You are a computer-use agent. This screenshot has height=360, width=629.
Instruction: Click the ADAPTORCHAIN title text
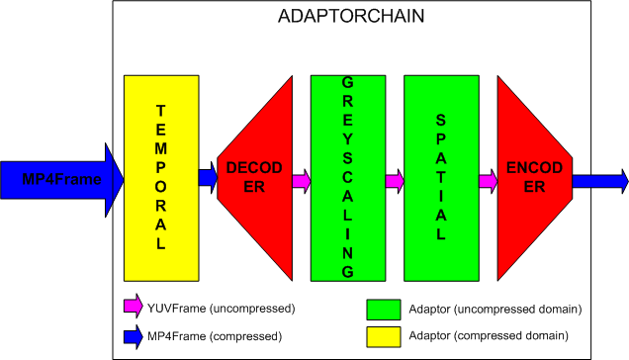pos(353,17)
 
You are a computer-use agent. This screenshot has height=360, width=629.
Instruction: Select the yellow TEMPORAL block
pos(161,178)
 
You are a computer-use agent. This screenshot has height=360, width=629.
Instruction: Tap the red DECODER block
pos(253,178)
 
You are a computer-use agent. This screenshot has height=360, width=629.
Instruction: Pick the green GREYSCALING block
pos(347,178)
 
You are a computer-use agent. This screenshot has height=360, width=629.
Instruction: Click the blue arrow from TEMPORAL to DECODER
pos(208,178)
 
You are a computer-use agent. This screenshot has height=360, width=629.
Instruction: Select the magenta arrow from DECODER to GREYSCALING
pos(301,180)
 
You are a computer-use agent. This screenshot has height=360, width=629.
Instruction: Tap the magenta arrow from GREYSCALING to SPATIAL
pos(395,180)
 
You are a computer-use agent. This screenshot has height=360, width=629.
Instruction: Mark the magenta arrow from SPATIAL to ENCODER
pos(488,180)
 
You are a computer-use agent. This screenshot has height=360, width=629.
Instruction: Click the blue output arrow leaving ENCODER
pos(599,180)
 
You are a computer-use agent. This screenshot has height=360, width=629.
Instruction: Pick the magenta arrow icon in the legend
pos(133,308)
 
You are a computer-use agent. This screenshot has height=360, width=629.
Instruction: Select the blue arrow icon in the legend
pos(133,335)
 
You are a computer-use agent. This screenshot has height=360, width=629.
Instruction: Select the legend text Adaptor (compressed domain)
pos(488,337)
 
